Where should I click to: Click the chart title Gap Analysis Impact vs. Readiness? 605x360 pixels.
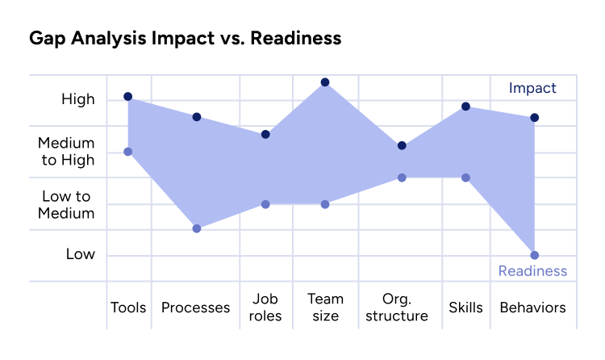185,38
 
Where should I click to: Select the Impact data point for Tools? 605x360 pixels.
127,97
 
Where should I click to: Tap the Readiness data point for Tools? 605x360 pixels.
127,152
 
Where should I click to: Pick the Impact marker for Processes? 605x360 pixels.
196,117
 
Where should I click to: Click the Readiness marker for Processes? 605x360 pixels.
196,228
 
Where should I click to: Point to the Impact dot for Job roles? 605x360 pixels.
265,134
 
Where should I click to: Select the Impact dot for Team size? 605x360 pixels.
325,82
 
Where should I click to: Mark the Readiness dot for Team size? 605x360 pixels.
325,204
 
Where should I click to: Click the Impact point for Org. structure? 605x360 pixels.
402,146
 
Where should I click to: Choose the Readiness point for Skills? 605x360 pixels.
465,178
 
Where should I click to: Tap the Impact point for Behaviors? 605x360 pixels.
534,118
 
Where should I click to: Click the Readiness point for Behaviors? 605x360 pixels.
534,255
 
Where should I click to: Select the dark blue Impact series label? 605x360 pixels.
532,88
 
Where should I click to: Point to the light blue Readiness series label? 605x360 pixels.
532,271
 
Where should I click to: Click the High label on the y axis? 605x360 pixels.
78,99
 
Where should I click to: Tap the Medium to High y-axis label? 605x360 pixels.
66,152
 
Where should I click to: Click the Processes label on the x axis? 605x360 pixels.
195,308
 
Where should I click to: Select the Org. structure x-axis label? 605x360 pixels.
396,308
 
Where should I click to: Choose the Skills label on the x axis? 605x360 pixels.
465,308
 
